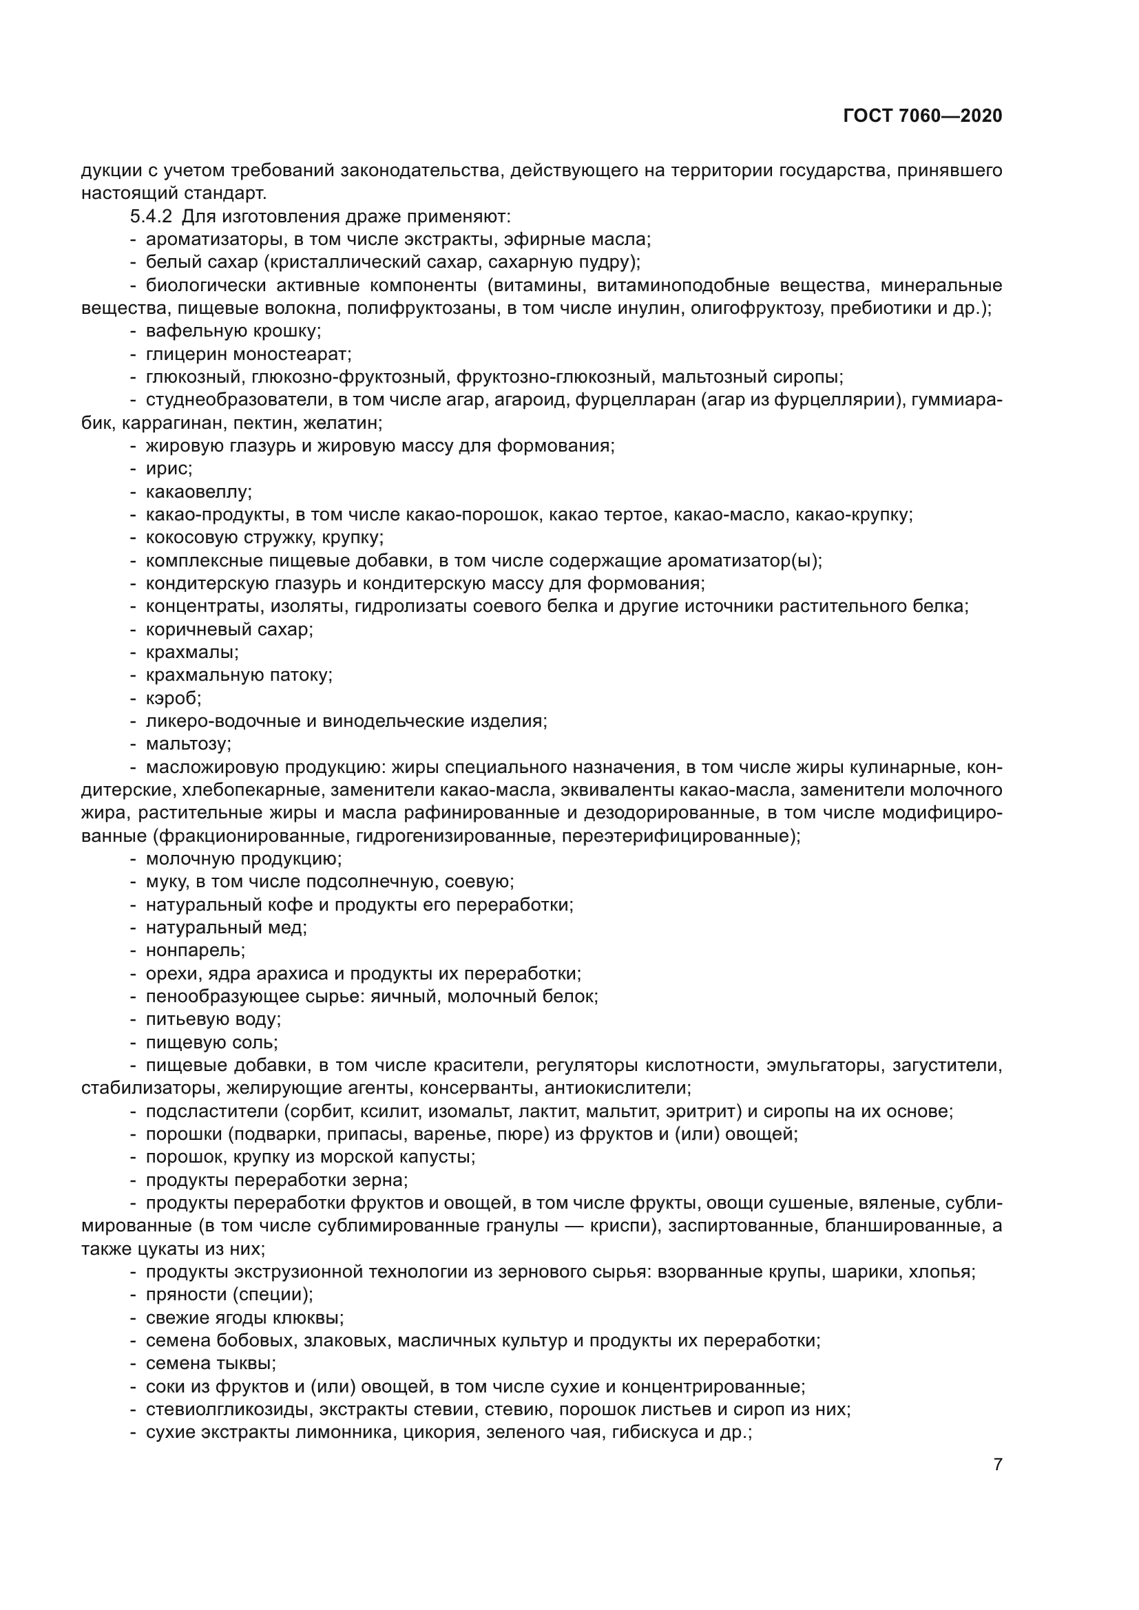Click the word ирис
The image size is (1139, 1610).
pyautogui.click(x=167, y=469)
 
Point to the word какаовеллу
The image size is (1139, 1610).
pyautogui.click(x=198, y=491)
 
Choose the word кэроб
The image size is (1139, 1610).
pyautogui.click(x=173, y=699)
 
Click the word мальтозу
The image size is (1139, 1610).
pyautogui.click(x=187, y=744)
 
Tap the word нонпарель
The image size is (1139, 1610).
pyautogui.click(x=194, y=950)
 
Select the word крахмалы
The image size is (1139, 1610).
pyautogui.click(x=191, y=652)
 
